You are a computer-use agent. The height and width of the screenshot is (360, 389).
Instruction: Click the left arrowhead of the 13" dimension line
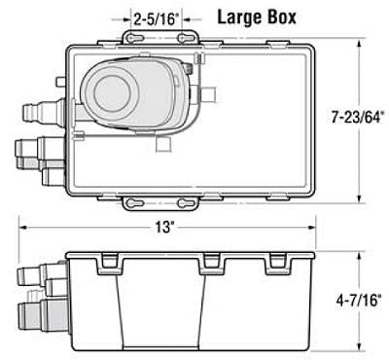click(21, 231)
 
